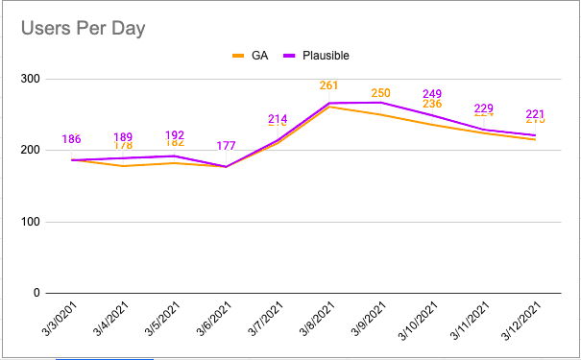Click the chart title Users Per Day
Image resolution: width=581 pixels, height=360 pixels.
[84, 29]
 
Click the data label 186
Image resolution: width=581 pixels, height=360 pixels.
[71, 140]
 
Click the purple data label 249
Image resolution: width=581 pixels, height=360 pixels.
[432, 94]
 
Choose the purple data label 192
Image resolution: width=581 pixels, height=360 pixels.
[175, 135]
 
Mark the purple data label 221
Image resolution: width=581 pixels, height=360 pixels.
[535, 113]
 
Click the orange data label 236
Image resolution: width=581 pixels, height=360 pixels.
[432, 104]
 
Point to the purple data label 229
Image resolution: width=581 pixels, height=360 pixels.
[484, 108]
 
